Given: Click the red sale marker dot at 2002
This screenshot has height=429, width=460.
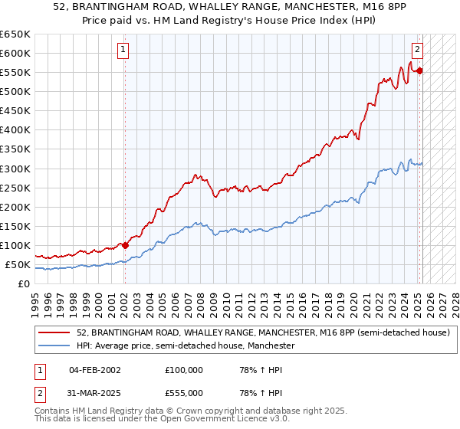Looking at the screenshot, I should [x=125, y=245].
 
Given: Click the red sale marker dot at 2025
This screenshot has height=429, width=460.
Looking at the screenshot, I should [x=420, y=70].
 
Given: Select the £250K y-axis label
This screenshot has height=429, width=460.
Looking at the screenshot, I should [x=15, y=188].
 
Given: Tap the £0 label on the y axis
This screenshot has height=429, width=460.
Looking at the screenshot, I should [x=24, y=284].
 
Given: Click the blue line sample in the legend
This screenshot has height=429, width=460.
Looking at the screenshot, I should [x=54, y=345].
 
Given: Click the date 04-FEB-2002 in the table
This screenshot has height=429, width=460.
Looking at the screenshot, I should [x=95, y=370].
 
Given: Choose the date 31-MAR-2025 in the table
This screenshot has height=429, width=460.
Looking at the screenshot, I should [x=95, y=393].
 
